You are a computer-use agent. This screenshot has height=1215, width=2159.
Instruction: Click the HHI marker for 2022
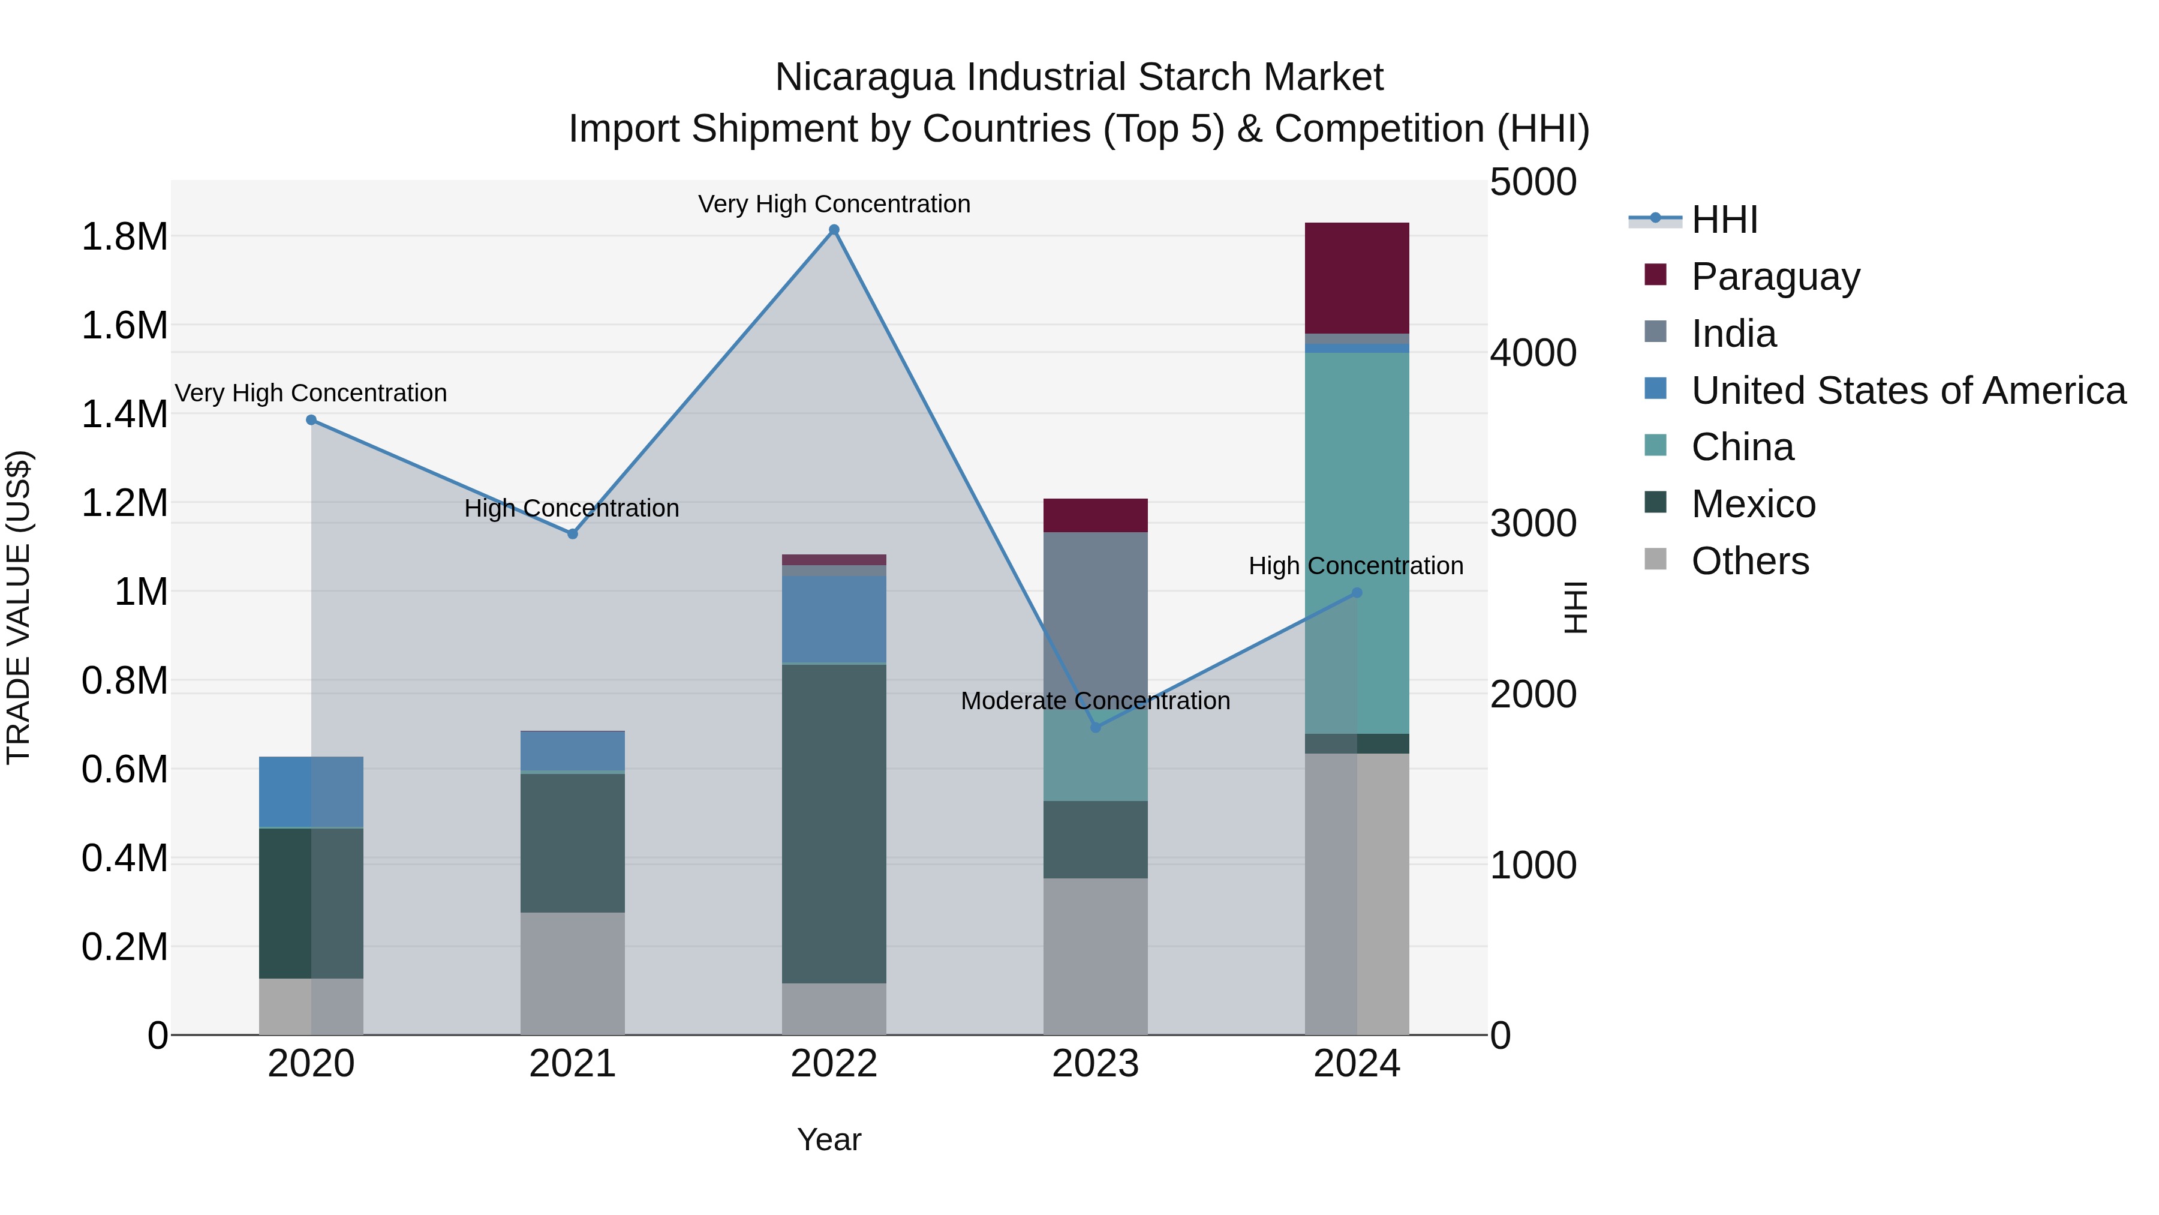[834, 230]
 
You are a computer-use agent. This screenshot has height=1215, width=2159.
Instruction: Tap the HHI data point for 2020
[311, 420]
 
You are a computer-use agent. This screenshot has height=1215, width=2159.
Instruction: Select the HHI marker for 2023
[1096, 727]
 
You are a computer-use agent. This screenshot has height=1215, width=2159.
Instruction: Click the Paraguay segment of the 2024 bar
[1357, 278]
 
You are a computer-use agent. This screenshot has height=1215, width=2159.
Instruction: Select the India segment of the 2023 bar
[1096, 620]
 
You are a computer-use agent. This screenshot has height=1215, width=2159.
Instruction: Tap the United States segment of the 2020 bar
[311, 793]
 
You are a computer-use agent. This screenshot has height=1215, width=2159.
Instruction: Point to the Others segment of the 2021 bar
[573, 973]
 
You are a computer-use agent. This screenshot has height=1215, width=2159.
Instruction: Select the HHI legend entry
[1723, 220]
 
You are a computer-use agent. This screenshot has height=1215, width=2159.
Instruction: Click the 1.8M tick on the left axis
[124, 237]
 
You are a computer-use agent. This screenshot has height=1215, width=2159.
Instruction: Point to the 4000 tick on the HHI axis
[1533, 353]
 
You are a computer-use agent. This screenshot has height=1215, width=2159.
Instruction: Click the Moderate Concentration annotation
[1096, 701]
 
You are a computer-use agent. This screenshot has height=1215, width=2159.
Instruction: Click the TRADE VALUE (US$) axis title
[19, 607]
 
